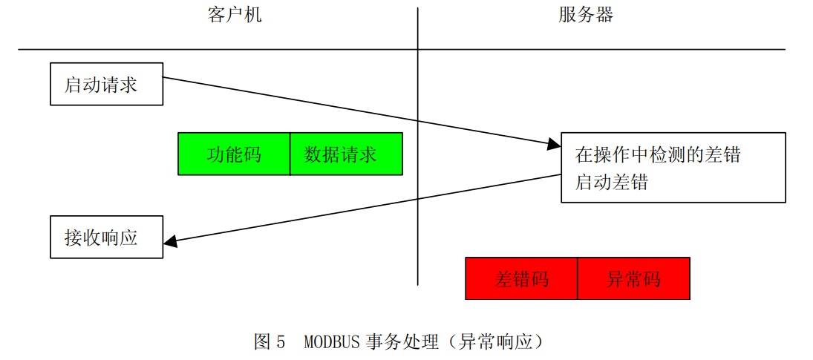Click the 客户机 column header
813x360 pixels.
click(x=235, y=16)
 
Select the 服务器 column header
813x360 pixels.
click(x=586, y=16)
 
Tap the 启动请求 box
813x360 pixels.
click(x=106, y=85)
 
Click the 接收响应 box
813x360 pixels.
click(x=106, y=238)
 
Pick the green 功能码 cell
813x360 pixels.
click(x=234, y=154)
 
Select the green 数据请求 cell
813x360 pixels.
click(x=346, y=154)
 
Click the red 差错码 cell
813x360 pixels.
click(x=521, y=279)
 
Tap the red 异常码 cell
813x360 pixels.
click(x=633, y=279)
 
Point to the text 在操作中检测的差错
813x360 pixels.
click(x=658, y=155)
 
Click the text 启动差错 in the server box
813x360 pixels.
click(x=612, y=183)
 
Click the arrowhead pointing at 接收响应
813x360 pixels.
click(x=170, y=240)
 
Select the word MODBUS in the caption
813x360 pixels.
click(x=332, y=342)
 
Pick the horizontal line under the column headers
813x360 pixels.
click(x=223, y=50)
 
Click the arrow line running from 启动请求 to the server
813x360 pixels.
click(x=356, y=110)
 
